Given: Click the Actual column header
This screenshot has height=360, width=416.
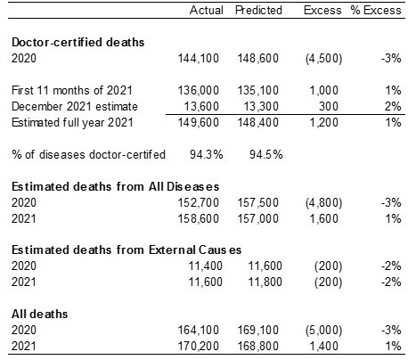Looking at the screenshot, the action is (207, 10).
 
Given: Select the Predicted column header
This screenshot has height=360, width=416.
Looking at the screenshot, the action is (258, 10).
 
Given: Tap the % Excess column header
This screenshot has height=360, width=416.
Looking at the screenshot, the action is (376, 10).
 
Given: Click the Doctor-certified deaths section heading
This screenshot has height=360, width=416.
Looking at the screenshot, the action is (77, 42).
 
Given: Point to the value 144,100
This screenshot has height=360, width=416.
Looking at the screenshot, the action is (199, 58).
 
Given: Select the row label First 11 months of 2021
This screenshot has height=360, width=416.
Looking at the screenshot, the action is (72, 90).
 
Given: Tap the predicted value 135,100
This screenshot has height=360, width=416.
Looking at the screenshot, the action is (257, 90).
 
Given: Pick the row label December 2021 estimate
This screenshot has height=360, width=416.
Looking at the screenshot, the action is (75, 106).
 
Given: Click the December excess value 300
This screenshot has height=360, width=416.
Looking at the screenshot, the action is (329, 106).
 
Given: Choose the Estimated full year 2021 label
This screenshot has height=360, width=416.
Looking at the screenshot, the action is (72, 122).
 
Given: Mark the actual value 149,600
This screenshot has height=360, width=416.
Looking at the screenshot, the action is (199, 122).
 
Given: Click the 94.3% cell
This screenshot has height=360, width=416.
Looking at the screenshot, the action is (207, 154).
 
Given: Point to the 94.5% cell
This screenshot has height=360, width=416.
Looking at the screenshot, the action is (266, 154).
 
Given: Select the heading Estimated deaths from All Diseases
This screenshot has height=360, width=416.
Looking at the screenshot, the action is (115, 186).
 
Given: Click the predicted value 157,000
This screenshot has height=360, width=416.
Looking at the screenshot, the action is (257, 218).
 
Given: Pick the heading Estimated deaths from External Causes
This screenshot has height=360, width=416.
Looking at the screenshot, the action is (126, 250).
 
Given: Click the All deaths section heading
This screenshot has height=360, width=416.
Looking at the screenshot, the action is (39, 315).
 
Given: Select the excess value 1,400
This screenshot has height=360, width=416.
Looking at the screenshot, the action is (323, 347).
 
